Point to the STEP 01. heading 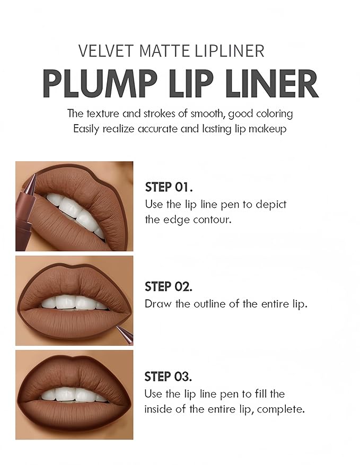169,187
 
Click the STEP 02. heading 169,287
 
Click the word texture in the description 104,113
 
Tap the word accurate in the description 163,129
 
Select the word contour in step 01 214,219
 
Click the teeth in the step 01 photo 74,209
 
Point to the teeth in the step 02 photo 74,303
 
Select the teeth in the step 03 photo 74,394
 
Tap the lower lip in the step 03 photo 74,416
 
